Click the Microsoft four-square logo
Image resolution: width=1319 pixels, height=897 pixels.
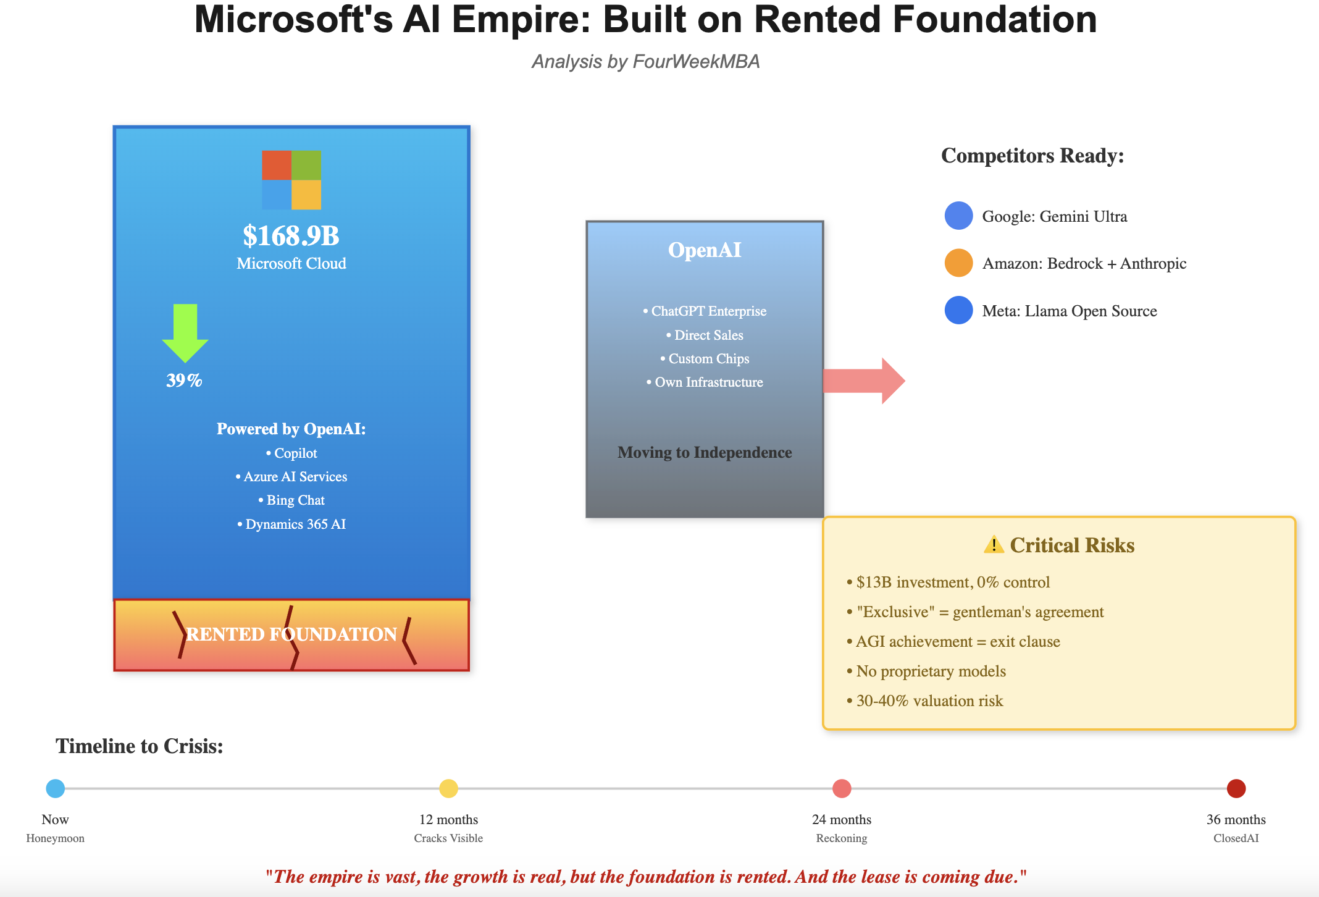tap(291, 180)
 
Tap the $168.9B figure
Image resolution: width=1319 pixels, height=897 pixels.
tap(291, 235)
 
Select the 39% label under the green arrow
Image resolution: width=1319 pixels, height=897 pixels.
tap(184, 381)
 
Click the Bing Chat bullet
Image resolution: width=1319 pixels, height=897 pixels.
tap(291, 500)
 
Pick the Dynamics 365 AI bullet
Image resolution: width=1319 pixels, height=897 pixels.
tap(291, 524)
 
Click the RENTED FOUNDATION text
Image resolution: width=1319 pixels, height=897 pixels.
tap(291, 634)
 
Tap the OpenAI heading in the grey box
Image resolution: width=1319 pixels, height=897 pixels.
tap(705, 250)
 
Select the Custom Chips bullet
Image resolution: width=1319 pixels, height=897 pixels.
tap(705, 358)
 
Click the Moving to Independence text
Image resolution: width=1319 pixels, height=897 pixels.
tap(705, 452)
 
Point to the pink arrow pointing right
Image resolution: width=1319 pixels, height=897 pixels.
tap(865, 381)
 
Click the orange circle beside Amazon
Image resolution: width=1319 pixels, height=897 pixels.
tap(958, 263)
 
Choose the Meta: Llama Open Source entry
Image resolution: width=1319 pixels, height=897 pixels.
tap(1069, 311)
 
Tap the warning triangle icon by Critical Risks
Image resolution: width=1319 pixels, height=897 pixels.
tap(994, 545)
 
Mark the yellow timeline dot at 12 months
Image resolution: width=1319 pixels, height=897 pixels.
tap(448, 788)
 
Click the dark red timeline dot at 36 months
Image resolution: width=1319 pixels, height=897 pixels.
tap(1236, 788)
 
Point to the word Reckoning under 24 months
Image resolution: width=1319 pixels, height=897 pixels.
tap(841, 838)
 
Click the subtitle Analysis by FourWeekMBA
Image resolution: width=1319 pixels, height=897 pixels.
tap(645, 62)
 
